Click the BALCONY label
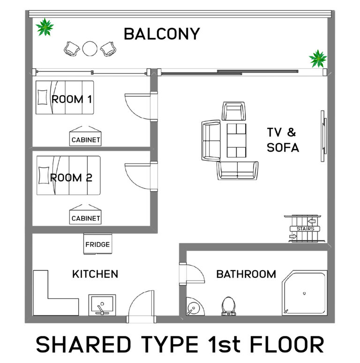tap(162, 34)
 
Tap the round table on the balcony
tap(90, 49)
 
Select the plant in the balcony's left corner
tap(45, 27)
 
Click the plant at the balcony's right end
tap(318, 59)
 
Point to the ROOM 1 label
tap(72, 99)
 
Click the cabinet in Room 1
tap(86, 136)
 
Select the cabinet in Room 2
tap(86, 215)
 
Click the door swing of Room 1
tap(137, 105)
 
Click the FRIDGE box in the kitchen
tap(97, 244)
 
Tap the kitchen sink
tap(102, 305)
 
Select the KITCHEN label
tap(95, 274)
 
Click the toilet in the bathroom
tap(228, 306)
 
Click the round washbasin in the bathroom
tap(192, 308)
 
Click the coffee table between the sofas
tap(236, 140)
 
